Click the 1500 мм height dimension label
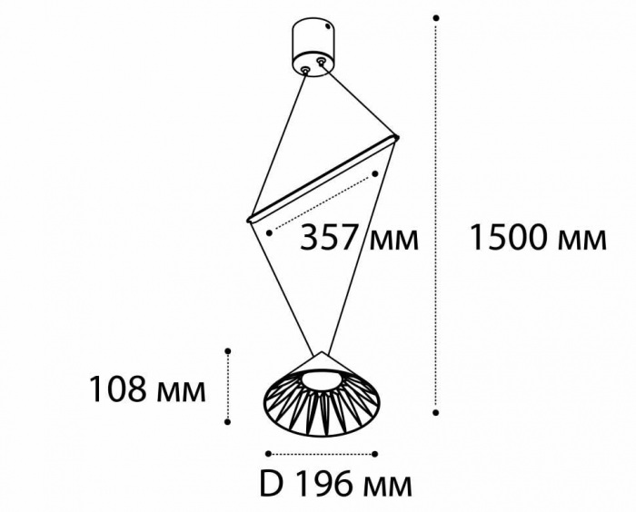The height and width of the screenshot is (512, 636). click(538, 238)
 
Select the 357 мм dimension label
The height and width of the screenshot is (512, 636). click(359, 238)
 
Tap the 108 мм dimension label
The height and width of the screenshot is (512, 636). click(147, 389)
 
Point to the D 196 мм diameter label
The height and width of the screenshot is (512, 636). click(336, 484)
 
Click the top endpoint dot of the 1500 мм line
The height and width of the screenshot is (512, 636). click(436, 18)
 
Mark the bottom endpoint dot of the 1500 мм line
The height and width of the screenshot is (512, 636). click(436, 413)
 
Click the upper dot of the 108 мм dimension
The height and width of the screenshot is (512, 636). click(228, 351)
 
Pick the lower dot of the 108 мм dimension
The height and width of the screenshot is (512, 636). click(228, 422)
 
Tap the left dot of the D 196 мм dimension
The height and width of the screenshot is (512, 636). click(268, 454)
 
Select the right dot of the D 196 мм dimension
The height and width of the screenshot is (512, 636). click(375, 454)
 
